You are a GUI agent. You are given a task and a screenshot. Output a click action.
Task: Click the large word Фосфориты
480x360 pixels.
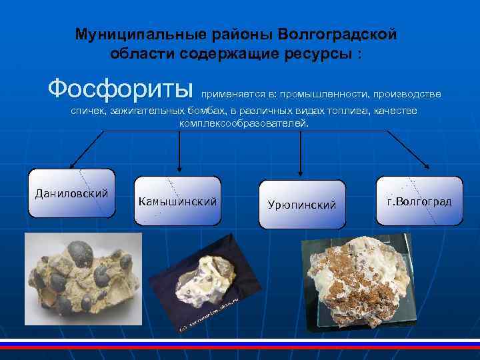click(x=121, y=89)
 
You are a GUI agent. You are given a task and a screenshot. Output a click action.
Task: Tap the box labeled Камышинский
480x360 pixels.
click(x=177, y=201)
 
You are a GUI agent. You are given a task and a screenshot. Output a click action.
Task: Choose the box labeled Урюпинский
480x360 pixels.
click(x=301, y=205)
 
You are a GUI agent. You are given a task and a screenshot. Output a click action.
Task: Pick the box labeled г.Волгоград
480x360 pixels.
click(x=419, y=201)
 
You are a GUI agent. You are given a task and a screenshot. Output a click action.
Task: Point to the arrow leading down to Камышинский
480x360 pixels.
click(x=178, y=167)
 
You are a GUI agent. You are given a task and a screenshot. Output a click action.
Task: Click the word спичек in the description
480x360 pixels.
click(x=88, y=111)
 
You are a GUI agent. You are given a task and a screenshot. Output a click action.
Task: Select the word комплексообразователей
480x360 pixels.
click(x=244, y=123)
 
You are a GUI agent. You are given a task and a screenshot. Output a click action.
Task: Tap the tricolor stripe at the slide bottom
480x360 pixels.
click(x=240, y=345)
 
